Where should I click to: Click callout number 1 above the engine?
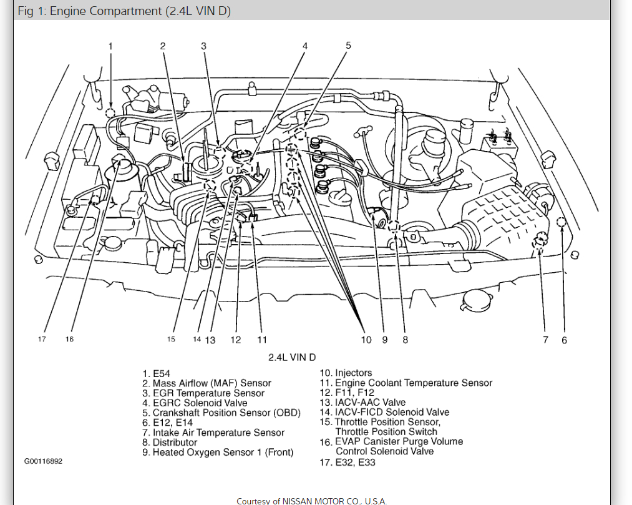(x=110, y=46)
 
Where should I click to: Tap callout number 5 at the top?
(x=348, y=45)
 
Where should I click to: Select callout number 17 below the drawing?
(x=42, y=340)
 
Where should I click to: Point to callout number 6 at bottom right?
(x=564, y=340)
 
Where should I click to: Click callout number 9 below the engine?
(x=385, y=340)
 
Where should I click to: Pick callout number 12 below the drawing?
(x=235, y=340)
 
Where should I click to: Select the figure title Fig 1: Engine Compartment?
(x=125, y=12)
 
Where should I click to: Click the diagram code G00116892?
(x=43, y=461)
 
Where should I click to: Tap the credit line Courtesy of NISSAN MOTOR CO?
(x=312, y=501)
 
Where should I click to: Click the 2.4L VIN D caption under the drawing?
(x=292, y=357)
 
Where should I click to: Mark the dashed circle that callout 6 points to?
(x=560, y=221)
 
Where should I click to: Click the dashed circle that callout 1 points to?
(x=110, y=113)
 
